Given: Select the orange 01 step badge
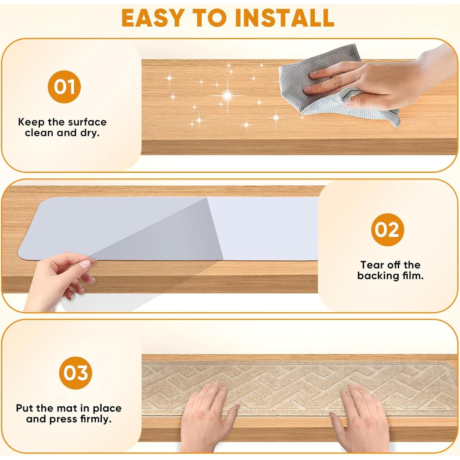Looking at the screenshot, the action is (x=64, y=87).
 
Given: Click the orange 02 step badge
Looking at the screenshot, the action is (x=388, y=230).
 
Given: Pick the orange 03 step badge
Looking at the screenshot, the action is (x=76, y=373).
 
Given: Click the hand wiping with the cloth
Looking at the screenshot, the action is (x=380, y=79).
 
